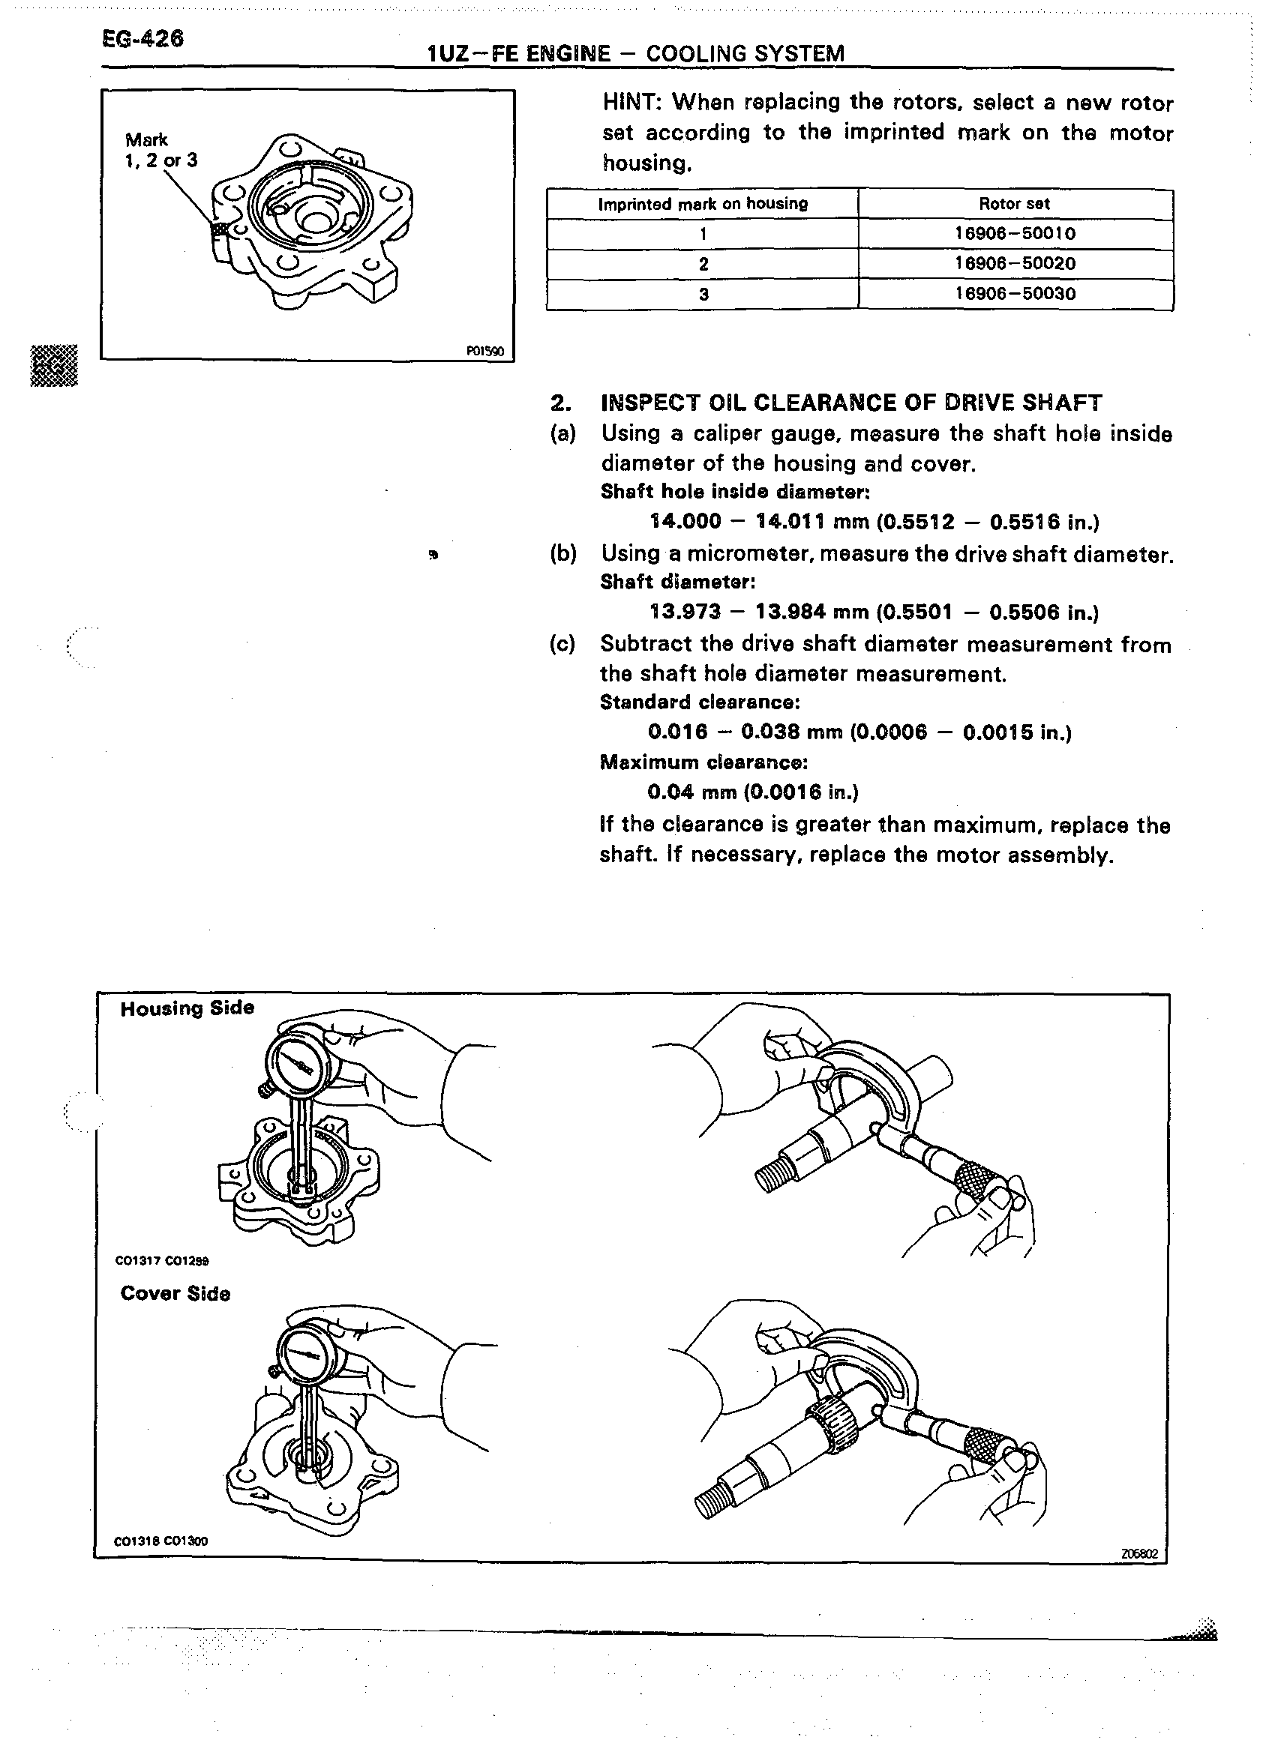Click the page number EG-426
point(143,39)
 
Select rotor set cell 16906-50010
point(1015,234)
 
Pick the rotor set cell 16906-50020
point(1015,264)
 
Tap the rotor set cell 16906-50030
point(1015,295)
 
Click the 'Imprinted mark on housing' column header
point(703,204)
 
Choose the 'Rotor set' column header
point(1014,204)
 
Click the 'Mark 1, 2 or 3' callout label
point(160,150)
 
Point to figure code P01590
point(484,352)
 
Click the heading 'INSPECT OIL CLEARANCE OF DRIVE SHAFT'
point(851,403)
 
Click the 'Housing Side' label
point(187,1008)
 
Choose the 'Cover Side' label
point(175,1295)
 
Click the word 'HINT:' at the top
point(633,103)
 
